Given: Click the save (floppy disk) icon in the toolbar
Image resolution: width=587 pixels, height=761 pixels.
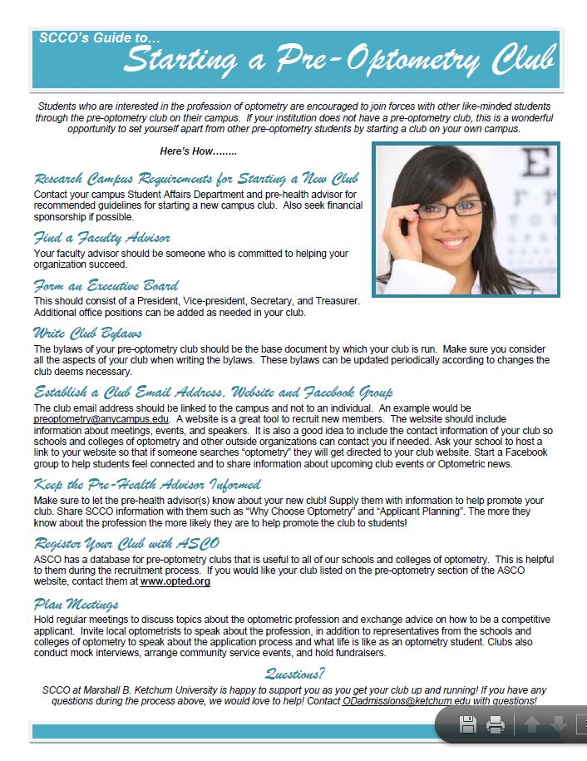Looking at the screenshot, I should coord(468,725).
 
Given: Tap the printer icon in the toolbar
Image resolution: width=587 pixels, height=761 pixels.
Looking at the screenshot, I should coord(496,725).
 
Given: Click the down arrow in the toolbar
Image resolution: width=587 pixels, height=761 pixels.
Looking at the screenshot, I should coord(558,725).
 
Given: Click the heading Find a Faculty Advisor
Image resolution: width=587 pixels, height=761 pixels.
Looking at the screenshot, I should coord(102,238).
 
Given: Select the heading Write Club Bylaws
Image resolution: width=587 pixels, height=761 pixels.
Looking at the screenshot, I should coord(87,333).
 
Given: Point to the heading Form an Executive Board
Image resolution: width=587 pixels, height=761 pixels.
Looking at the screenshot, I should coord(106,285).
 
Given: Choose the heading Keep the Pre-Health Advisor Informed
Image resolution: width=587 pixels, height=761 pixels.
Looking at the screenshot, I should coord(147,484).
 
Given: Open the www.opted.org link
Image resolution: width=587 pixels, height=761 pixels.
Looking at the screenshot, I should coord(175,581).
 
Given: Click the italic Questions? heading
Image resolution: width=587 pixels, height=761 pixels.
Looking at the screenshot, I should coord(294,674).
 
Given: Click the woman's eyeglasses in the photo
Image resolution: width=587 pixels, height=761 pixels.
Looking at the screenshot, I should coord(449,208).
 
